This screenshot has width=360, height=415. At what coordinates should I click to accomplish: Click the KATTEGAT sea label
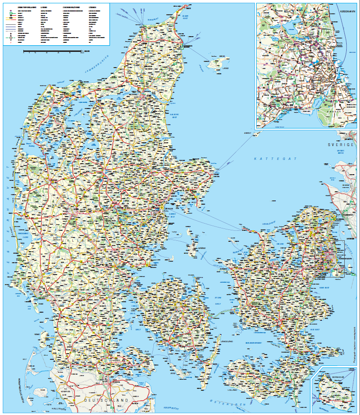coord(275,158)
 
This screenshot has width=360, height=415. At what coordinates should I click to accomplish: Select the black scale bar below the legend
coord(52,50)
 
